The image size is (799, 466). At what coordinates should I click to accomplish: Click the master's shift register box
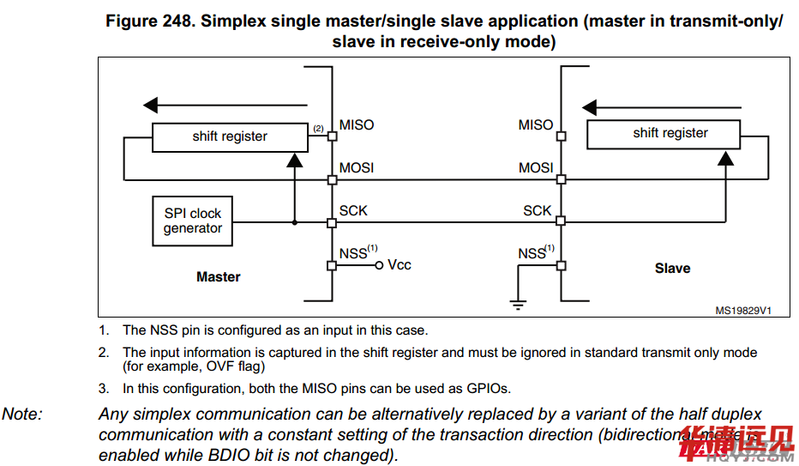pos(230,136)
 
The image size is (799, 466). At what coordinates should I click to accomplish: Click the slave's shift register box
pos(670,133)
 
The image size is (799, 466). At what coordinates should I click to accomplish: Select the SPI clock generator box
pos(193,221)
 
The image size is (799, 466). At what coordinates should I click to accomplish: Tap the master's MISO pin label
pos(357,125)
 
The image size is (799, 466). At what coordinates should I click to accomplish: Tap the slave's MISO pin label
pos(536,125)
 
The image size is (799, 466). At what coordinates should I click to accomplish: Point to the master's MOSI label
pos(357,168)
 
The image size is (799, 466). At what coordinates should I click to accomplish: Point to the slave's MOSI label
pos(536,168)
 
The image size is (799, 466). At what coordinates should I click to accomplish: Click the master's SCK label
pos(353,210)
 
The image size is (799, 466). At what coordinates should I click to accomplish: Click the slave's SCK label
pos(538,211)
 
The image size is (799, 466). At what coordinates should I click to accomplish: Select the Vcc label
pos(399,265)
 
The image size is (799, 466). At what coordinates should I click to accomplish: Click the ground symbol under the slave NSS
pos(517,302)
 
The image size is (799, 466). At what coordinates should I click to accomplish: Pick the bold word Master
pos(219,277)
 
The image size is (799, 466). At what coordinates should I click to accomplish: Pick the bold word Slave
pos(672,269)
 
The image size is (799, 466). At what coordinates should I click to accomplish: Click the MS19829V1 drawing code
pos(743,311)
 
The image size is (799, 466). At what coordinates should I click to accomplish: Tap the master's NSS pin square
pos(332,265)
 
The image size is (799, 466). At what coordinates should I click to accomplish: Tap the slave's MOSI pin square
pos(561,179)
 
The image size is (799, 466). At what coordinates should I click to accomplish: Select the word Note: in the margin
pos(22,415)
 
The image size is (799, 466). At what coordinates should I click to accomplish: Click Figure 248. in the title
pos(151,21)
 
